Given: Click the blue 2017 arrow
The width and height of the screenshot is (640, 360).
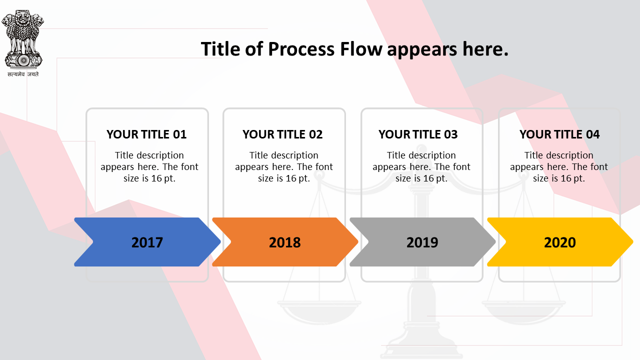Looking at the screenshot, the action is [x=147, y=242].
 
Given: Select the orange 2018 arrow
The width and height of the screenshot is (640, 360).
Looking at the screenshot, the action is [x=285, y=242].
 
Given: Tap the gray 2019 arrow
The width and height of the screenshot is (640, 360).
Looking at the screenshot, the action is [x=422, y=242].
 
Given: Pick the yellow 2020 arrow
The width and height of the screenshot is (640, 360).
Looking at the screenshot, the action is [x=560, y=242].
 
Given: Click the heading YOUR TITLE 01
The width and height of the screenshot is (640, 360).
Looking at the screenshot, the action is [x=146, y=134].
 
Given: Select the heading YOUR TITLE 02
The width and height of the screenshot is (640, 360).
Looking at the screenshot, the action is [x=282, y=134].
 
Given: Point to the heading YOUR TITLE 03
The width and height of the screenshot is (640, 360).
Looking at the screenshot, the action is [x=418, y=134].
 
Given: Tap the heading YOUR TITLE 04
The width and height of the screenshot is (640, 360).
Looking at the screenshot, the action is [x=559, y=134].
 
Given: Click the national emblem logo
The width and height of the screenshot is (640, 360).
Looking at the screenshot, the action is [x=23, y=39].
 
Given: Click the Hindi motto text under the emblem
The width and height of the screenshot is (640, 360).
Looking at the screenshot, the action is [x=23, y=74].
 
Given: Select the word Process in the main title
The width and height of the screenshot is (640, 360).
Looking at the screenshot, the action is [x=301, y=49].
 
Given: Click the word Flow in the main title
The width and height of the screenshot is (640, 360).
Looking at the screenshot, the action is [x=361, y=49].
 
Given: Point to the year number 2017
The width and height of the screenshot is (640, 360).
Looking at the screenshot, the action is [x=147, y=242].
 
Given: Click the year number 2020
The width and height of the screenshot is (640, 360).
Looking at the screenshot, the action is [x=560, y=242].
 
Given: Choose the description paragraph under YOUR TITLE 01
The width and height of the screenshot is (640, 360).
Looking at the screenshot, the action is [x=149, y=167].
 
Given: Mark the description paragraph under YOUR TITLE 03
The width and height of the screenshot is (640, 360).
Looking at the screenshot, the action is [x=421, y=167].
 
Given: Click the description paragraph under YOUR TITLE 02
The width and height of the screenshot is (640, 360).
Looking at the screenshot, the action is [x=284, y=167].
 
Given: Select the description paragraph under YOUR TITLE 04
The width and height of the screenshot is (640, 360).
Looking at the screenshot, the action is [x=559, y=167].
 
